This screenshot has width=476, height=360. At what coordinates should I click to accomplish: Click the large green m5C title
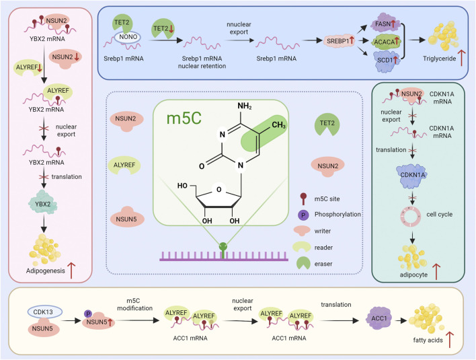coord(184,118)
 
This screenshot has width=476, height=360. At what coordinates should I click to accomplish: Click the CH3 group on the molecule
coord(278,125)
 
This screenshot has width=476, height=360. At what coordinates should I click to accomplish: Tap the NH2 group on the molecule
coord(245,106)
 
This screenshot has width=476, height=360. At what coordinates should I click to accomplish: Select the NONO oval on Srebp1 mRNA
coord(128,38)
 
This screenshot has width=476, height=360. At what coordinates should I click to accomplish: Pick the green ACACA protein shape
coord(386,42)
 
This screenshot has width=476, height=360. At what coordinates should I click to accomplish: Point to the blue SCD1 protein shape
coord(387,61)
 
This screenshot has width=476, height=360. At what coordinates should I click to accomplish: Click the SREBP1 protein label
coord(339,40)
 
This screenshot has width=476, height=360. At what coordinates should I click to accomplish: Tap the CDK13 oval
coord(45,312)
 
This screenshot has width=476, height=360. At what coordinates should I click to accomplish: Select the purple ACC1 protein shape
coord(379,318)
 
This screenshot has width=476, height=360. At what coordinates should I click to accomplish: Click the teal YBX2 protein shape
coord(43,203)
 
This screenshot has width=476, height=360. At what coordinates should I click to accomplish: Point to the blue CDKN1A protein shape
coord(413,176)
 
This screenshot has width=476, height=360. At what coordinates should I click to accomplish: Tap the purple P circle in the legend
coord(303,215)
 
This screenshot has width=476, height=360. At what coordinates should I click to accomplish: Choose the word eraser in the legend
coord(323,264)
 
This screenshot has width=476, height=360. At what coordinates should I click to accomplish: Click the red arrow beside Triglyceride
coord(461,58)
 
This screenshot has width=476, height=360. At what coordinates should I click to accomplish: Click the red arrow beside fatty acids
coord(450,340)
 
